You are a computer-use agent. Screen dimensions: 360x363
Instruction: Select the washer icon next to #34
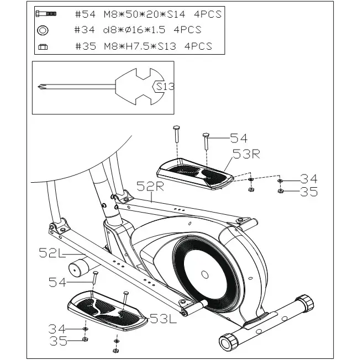click(x=43, y=30)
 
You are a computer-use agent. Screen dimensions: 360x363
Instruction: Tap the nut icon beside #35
click(x=43, y=47)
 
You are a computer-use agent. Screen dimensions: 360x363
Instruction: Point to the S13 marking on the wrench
click(x=165, y=87)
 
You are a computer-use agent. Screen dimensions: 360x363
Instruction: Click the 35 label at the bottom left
click(x=59, y=341)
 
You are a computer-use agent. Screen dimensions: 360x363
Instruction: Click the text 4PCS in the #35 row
click(x=197, y=47)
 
